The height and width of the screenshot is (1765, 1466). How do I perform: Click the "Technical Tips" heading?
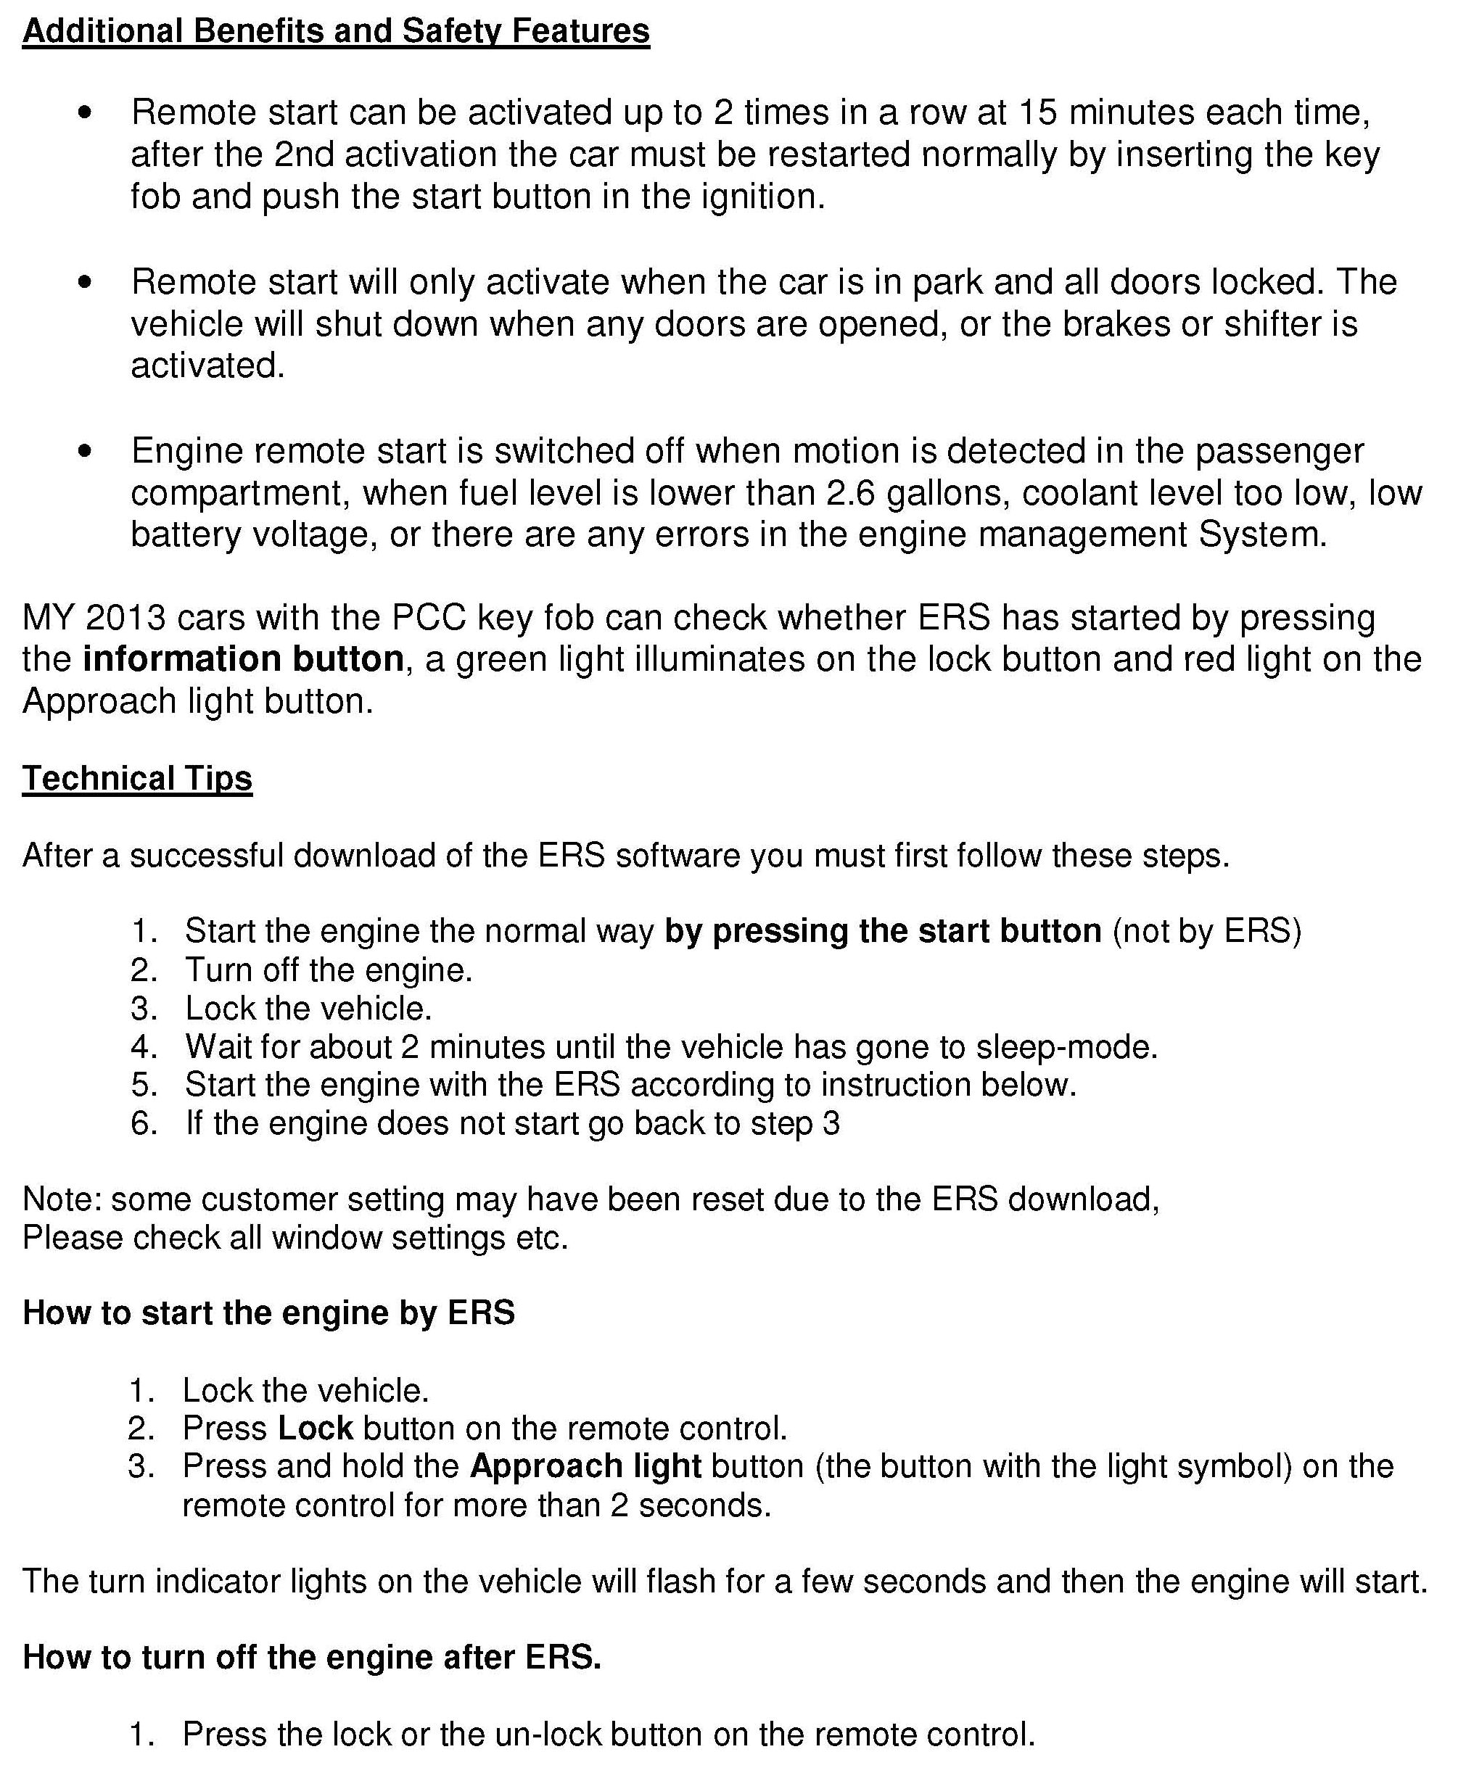click(137, 778)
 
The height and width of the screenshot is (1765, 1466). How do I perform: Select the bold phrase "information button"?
click(243, 659)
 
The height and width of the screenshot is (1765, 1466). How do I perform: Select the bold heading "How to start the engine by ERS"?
click(268, 1312)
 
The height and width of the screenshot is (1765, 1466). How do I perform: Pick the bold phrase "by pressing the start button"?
click(883, 930)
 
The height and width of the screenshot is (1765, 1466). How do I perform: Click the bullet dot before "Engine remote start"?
click(84, 451)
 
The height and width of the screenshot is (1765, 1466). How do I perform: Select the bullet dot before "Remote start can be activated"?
click(84, 112)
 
